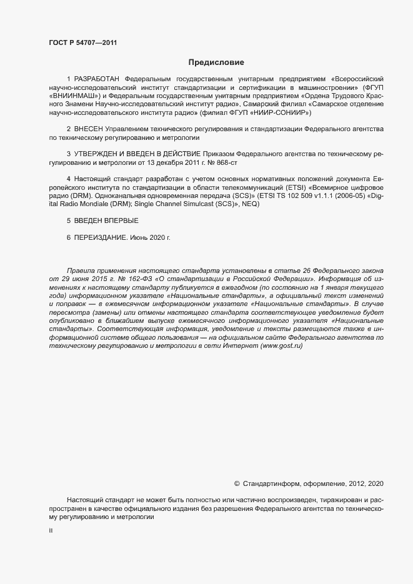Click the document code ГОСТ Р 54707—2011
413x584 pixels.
coord(82,42)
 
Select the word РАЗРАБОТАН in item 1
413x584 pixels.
coord(97,80)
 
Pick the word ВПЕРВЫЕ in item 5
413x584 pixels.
coord(121,221)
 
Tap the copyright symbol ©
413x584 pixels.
coord(237,483)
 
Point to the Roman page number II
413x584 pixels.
coord(51,530)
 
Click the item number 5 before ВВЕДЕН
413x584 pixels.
coord(69,221)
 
